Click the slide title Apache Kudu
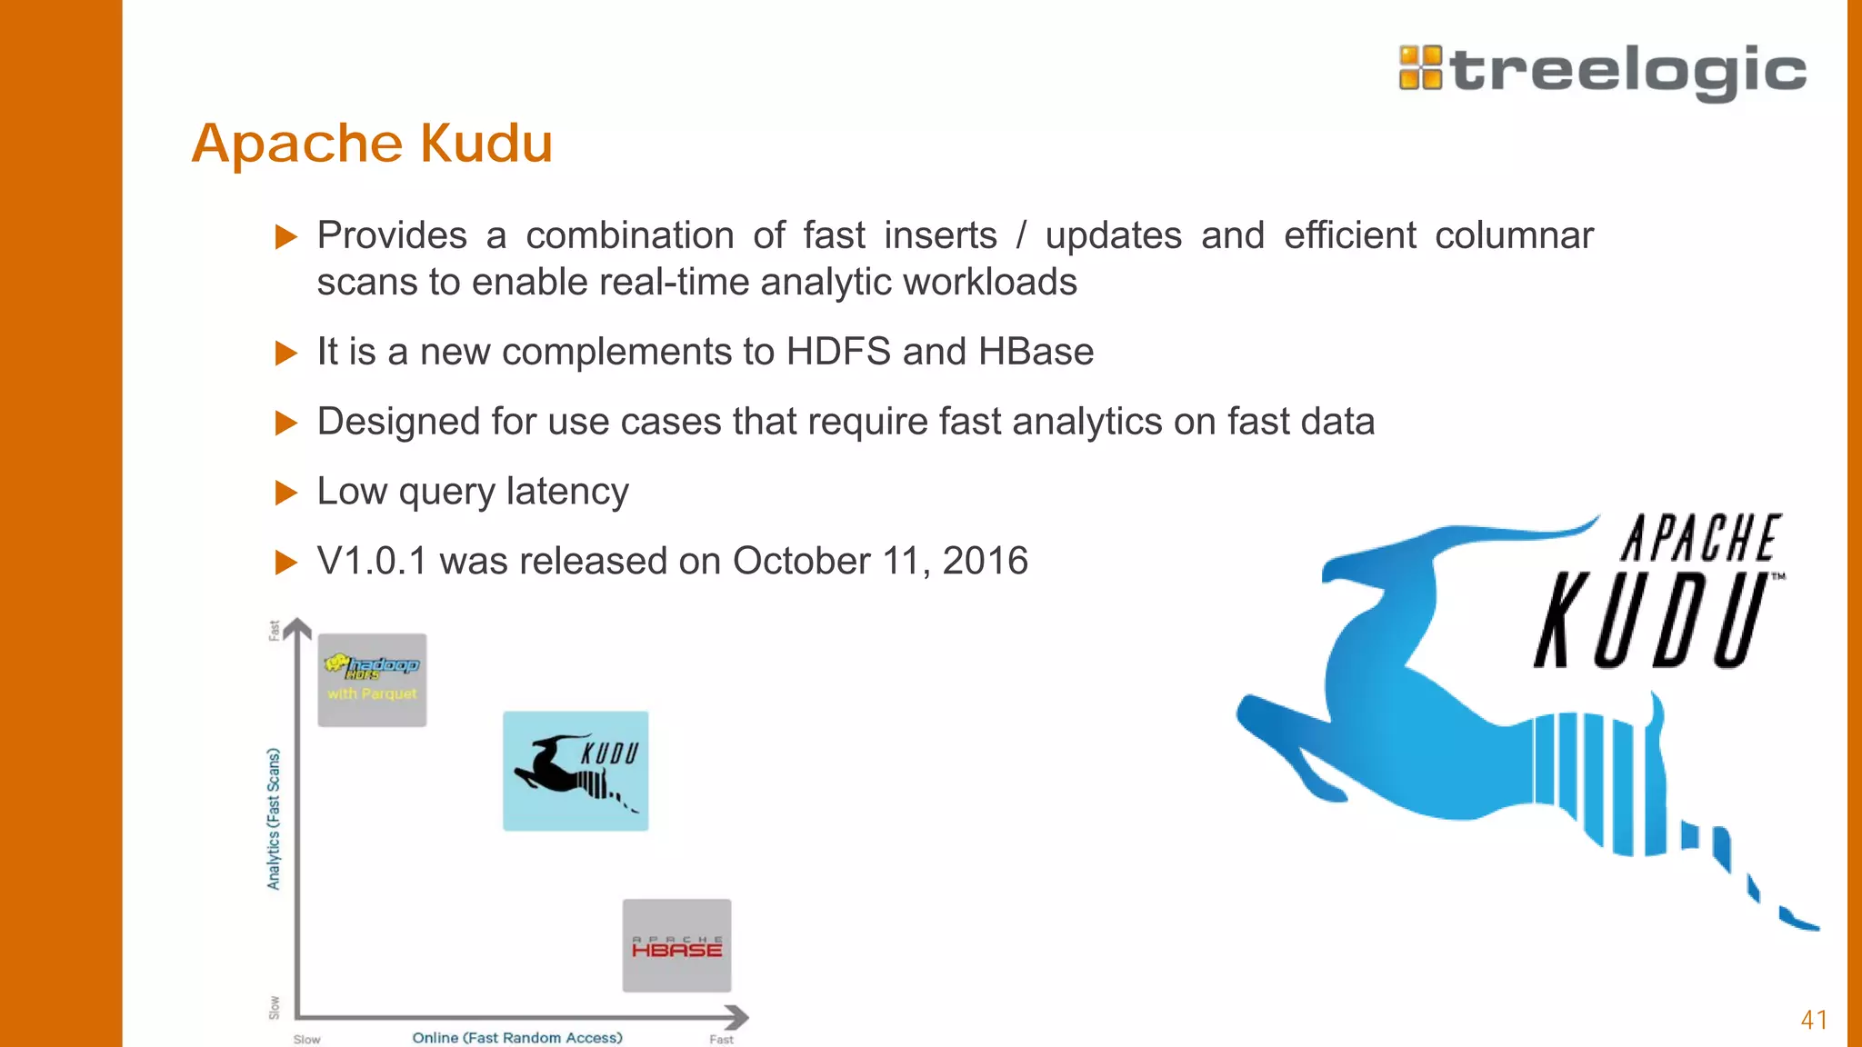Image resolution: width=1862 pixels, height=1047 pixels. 372,144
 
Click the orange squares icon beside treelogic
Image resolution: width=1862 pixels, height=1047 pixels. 1420,68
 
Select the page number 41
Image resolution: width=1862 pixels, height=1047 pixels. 1814,1020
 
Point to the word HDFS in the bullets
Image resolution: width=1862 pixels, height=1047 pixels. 837,352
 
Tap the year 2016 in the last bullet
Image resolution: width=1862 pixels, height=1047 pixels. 985,561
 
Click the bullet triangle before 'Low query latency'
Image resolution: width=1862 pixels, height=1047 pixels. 286,493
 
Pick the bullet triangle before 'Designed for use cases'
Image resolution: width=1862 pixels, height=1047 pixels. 286,423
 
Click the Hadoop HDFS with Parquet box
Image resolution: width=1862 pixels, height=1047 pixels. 372,680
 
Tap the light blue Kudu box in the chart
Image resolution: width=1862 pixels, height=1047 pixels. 576,771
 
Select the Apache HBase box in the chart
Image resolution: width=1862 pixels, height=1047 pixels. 676,945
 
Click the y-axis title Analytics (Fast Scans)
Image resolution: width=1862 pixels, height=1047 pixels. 274,818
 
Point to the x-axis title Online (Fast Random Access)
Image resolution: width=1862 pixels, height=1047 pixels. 517,1038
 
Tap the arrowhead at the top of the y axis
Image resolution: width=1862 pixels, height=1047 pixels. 297,628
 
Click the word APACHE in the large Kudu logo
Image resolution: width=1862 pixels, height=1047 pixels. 1699,538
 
